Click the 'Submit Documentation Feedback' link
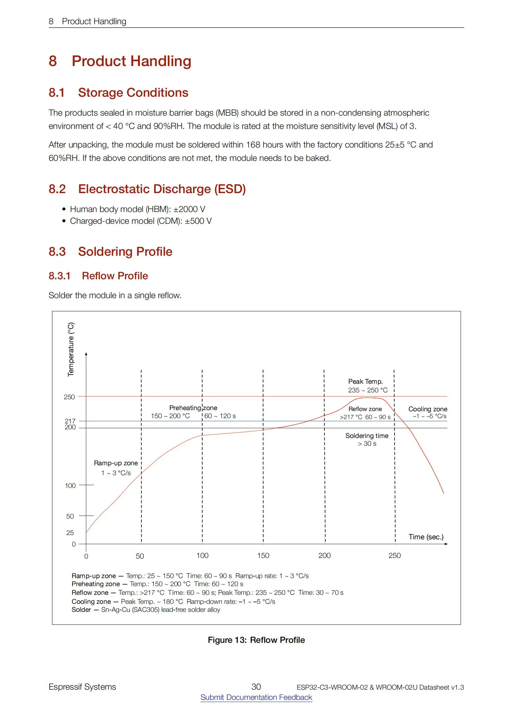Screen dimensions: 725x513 [x=256, y=697]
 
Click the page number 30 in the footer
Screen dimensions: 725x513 [x=256, y=687]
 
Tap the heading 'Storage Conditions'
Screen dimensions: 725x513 [x=133, y=92]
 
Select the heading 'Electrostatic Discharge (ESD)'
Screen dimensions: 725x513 [x=162, y=189]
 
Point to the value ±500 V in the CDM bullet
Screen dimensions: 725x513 [x=199, y=221]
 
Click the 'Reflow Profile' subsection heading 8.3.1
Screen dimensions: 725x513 [x=115, y=276]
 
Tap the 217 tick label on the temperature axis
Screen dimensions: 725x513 [x=70, y=421]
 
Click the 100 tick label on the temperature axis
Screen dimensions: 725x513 [x=70, y=486]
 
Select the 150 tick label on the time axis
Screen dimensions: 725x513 [x=263, y=555]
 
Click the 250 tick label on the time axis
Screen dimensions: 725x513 [x=395, y=555]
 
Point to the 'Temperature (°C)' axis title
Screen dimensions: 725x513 [x=71, y=349]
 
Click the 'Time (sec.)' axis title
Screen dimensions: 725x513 [x=426, y=537]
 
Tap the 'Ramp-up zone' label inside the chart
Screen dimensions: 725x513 [x=116, y=463]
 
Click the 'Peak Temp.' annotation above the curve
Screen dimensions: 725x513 [x=365, y=382]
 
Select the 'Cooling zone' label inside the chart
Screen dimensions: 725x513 [x=428, y=409]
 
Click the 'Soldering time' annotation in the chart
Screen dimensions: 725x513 [x=367, y=436]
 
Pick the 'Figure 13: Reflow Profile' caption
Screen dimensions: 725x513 [x=256, y=640]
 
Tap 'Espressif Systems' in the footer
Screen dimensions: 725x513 [x=82, y=687]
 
